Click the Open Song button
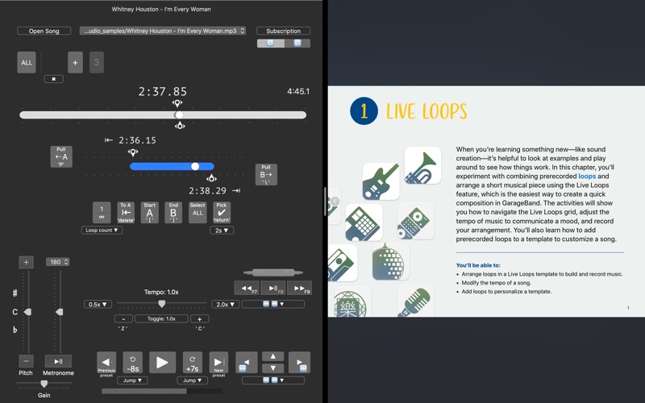pos(44,31)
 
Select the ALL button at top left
pos(27,63)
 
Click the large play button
pos(161,363)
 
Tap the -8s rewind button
pos(132,363)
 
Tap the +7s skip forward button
pos(192,363)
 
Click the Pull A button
pos(61,156)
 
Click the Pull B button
pos(267,174)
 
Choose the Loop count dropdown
pos(102,231)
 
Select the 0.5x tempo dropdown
pos(98,305)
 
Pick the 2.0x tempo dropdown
pos(225,305)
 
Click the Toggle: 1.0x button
pos(160,318)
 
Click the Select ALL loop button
pos(198,212)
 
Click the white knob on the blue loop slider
pos(195,166)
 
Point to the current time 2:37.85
pos(162,92)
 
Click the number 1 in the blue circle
pos(364,111)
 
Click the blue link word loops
pos(587,176)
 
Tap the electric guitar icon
pos(381,182)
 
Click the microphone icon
pos(414,302)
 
